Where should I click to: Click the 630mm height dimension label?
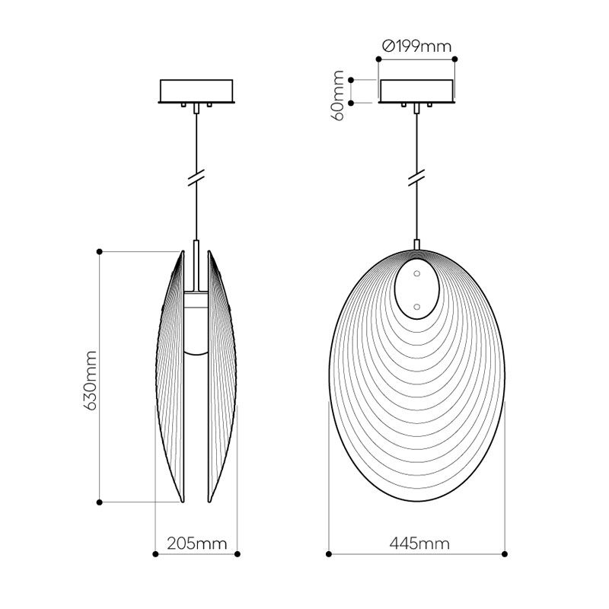(x=91, y=381)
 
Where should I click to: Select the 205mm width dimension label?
(x=197, y=544)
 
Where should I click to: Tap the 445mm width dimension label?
(x=419, y=544)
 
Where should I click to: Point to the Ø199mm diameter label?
(x=416, y=46)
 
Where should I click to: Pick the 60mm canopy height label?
(x=339, y=96)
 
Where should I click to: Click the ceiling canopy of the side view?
(x=196, y=91)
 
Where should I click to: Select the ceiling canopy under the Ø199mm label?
(x=416, y=91)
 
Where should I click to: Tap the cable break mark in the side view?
(x=196, y=177)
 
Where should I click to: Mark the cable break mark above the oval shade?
(x=416, y=177)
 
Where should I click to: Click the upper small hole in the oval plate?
(x=416, y=273)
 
